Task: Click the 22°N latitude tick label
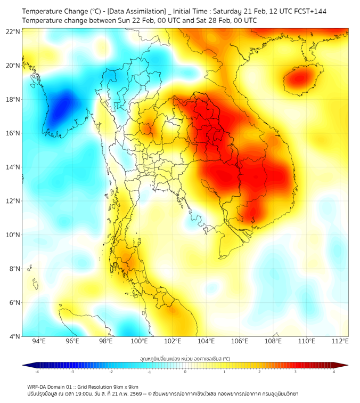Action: click(13, 31)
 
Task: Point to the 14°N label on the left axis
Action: click(13, 167)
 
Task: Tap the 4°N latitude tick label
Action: click(15, 336)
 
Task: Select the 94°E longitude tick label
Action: click(39, 341)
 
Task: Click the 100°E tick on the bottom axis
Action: click(140, 341)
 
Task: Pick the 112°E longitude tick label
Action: click(340, 341)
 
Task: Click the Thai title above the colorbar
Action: click(185, 359)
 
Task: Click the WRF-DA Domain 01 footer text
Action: click(52, 386)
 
